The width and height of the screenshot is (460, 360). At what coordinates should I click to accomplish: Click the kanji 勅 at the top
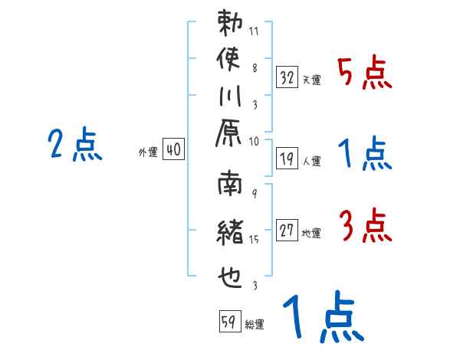point(231,22)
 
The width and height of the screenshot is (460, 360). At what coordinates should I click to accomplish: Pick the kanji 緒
point(231,232)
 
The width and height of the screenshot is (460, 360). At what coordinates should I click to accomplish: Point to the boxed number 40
point(173,150)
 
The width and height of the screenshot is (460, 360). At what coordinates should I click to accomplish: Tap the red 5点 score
point(364,74)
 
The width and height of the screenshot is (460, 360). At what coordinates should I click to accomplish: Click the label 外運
point(147,152)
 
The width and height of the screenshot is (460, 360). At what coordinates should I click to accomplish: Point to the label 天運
point(311,80)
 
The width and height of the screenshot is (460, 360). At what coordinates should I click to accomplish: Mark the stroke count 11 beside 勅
point(255,31)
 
